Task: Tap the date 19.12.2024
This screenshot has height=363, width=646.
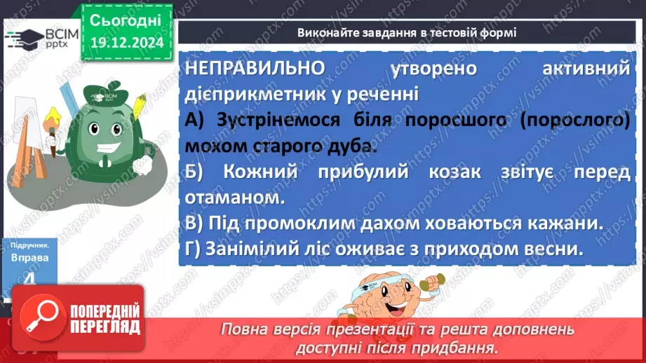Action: (126, 43)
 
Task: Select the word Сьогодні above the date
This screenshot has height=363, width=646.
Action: (126, 20)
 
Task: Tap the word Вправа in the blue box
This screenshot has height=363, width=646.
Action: (29, 258)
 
